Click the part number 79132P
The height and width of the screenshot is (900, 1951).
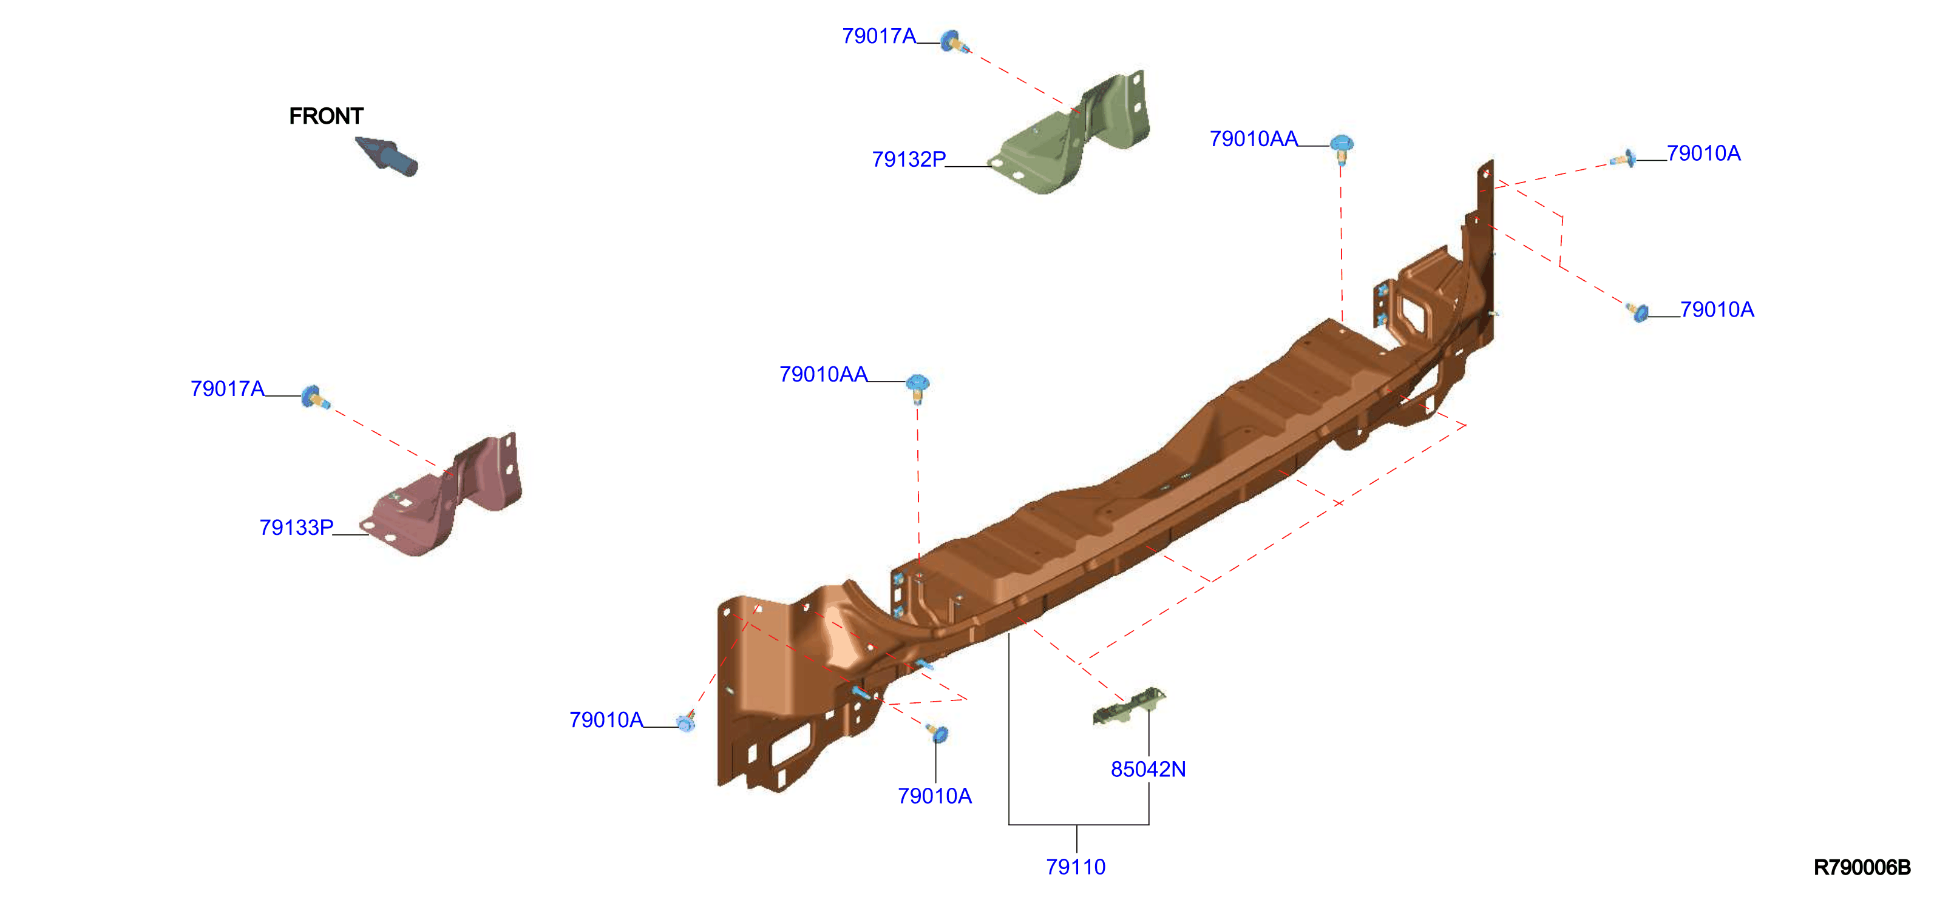[908, 159]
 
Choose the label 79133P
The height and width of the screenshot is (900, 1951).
[296, 528]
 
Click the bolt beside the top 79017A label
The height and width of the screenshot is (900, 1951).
[954, 42]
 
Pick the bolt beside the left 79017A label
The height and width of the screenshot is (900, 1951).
[315, 397]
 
